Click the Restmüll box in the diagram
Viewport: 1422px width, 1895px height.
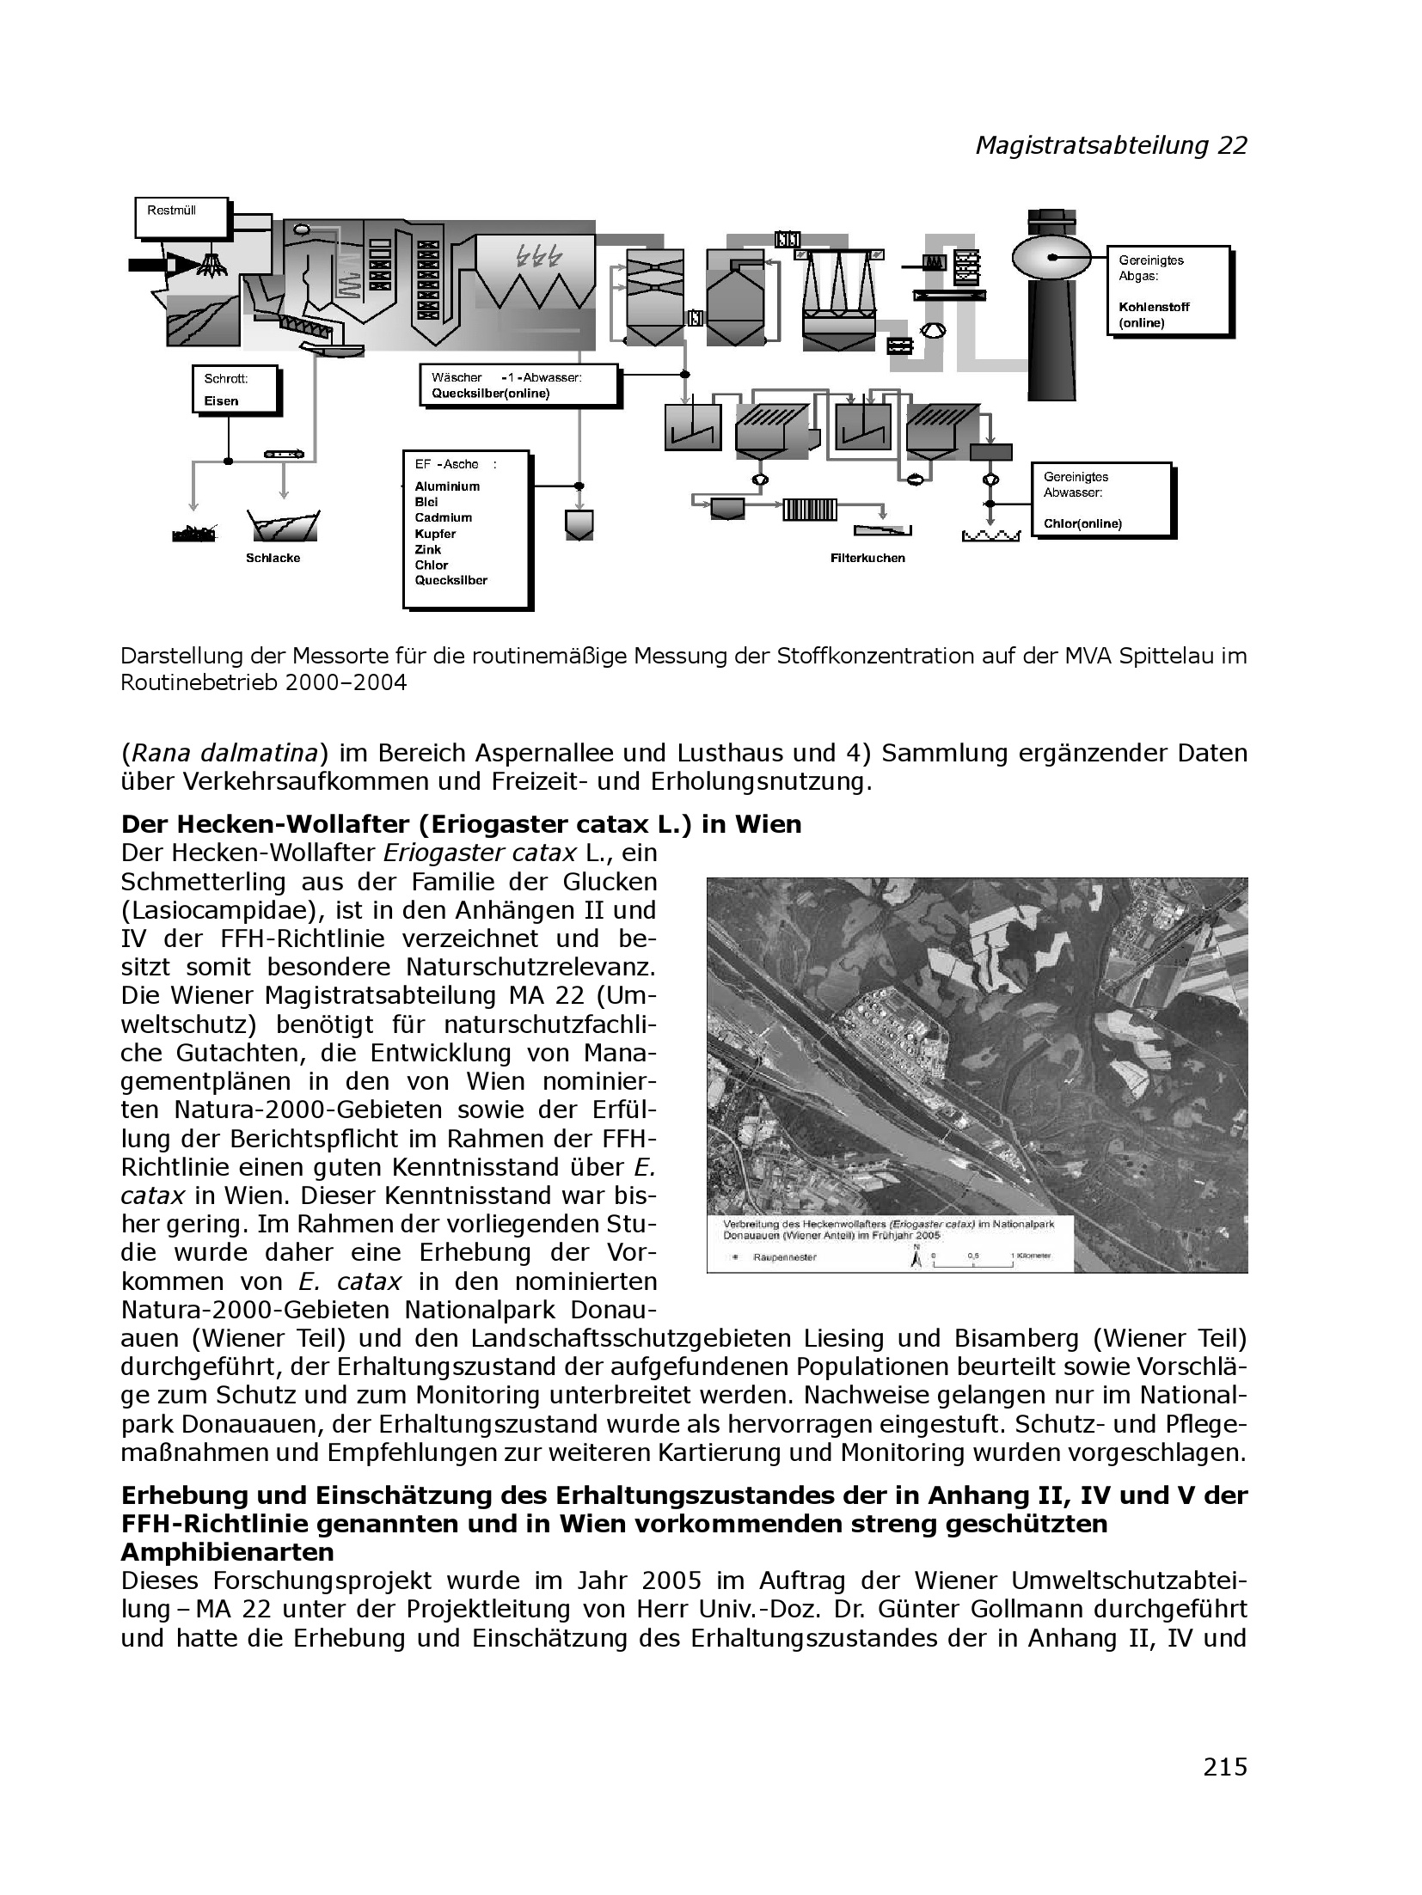[x=182, y=217]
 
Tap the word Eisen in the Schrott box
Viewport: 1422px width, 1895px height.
[x=222, y=400]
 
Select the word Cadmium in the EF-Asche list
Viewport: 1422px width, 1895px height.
[x=443, y=517]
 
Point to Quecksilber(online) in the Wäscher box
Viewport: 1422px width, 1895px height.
[x=490, y=394]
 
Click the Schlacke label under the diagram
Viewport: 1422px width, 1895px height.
[x=273, y=558]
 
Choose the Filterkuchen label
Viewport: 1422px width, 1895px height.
[x=867, y=558]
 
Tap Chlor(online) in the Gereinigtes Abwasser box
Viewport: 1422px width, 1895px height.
[x=1082, y=523]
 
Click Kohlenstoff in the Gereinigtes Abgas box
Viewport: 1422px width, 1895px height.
[x=1154, y=307]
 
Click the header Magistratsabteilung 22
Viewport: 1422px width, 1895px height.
[x=1110, y=145]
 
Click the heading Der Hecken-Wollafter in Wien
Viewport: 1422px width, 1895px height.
[x=461, y=824]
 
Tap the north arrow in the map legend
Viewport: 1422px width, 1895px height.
[x=916, y=1256]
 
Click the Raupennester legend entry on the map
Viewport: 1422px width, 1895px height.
[x=774, y=1257]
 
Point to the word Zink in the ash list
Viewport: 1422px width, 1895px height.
[x=427, y=549]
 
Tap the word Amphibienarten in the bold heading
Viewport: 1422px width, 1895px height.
[x=227, y=1552]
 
